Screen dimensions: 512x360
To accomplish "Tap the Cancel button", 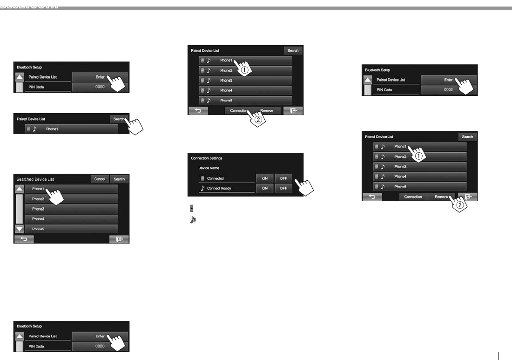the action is [100, 179].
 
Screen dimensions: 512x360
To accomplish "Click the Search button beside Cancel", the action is [119, 179].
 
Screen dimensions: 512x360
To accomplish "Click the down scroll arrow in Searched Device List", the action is [19, 229].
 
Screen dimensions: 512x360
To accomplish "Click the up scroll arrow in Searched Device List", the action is [19, 190].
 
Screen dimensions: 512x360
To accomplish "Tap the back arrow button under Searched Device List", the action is [24, 239].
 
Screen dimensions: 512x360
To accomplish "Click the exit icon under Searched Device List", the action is [119, 239].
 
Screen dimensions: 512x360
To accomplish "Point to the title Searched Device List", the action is [35, 179].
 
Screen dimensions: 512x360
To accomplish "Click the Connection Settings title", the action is [207, 158].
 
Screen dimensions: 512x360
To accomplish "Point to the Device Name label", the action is [209, 168].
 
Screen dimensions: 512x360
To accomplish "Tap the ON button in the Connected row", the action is [264, 178].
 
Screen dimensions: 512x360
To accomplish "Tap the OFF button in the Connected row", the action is [283, 178].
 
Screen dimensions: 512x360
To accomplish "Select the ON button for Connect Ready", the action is [264, 188].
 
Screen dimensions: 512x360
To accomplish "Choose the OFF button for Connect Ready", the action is [283, 188].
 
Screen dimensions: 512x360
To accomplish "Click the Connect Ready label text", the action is [219, 188].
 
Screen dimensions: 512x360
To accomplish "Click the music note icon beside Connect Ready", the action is [202, 188].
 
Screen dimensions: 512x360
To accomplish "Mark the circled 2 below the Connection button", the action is [257, 119].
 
